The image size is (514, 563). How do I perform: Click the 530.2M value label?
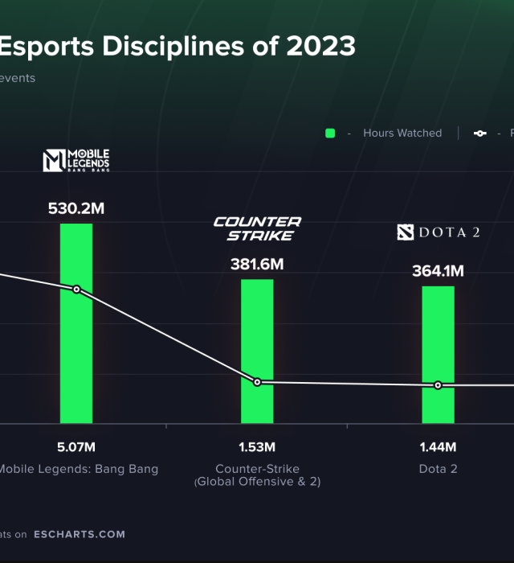(76, 208)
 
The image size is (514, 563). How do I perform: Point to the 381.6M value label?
(257, 264)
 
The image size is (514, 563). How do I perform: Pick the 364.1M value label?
(438, 271)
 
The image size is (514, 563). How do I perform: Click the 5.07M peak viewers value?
(76, 447)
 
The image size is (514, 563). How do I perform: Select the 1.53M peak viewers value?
(257, 447)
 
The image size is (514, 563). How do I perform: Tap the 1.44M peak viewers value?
(438, 447)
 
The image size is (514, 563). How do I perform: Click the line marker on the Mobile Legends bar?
(76, 290)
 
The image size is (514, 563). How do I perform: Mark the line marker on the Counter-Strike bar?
(257, 382)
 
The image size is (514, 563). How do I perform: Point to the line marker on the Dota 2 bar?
(438, 385)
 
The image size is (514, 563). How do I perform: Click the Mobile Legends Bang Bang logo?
(76, 160)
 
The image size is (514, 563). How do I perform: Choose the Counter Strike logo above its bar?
(257, 228)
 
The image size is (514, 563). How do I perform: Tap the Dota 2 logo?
(439, 232)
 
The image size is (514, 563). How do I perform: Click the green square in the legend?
(329, 133)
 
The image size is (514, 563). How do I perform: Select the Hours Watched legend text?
(402, 133)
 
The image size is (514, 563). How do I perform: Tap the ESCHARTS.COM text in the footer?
(80, 534)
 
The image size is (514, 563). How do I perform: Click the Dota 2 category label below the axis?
(438, 469)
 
